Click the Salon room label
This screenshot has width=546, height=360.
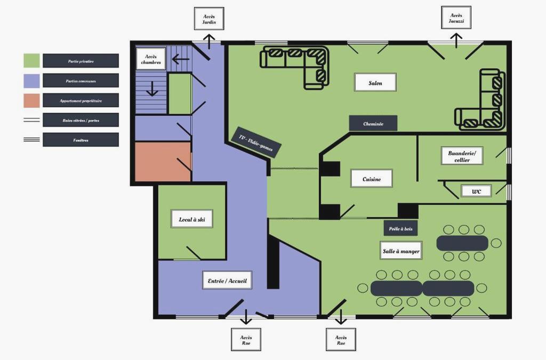click(375, 83)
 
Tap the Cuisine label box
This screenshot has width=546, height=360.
click(372, 179)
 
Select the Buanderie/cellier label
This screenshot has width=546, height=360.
click(462, 156)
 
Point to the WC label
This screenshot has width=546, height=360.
click(476, 191)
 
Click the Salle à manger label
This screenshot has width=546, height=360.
click(401, 251)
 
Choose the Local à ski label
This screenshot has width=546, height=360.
click(192, 219)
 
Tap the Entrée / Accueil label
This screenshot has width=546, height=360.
click(227, 281)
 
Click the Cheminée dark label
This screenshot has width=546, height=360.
click(373, 123)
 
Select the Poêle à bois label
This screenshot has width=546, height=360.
click(400, 228)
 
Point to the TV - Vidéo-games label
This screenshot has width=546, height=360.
click(256, 142)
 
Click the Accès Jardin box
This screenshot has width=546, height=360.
click(209, 19)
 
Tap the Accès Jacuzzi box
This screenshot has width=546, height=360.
click(456, 18)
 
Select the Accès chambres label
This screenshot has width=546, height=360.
click(151, 59)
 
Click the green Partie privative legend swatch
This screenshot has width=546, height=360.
click(31, 61)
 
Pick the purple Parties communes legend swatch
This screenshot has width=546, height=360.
click(31, 81)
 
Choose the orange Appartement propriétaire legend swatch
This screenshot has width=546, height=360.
click(31, 100)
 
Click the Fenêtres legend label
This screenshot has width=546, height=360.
click(81, 140)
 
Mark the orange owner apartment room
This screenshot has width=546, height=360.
click(163, 162)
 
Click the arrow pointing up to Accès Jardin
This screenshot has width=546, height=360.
click(209, 42)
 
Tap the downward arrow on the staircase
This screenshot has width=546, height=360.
click(152, 89)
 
